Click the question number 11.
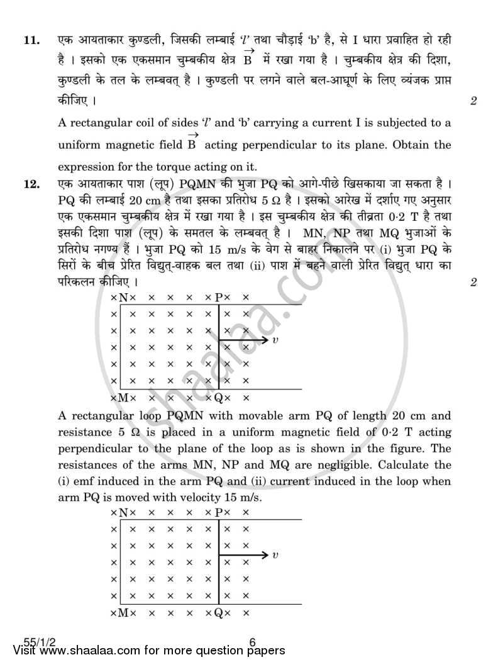click(x=30, y=41)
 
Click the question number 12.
click(x=30, y=185)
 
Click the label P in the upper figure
click(x=218, y=297)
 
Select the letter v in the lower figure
click(x=275, y=555)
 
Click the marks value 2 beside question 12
click(x=473, y=282)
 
